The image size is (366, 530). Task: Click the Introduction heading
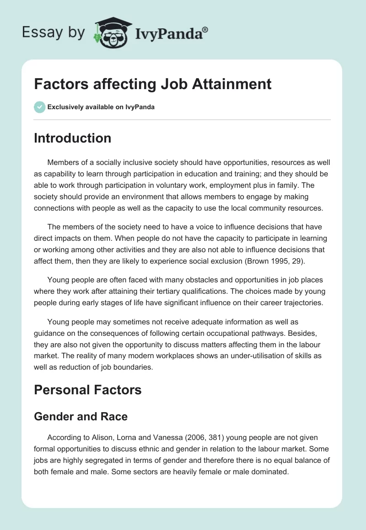click(72, 138)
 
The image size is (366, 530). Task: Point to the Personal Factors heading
click(88, 390)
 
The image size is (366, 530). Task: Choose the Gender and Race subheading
click(81, 416)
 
